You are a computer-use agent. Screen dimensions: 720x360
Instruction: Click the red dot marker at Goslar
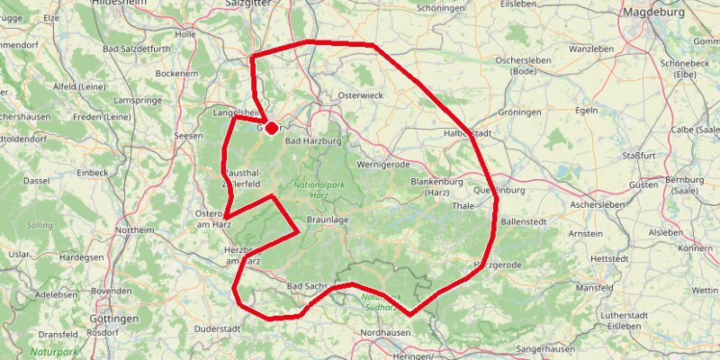(271, 129)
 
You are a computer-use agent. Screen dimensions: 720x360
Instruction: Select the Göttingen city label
(114, 319)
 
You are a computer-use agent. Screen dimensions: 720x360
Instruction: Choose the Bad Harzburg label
(314, 141)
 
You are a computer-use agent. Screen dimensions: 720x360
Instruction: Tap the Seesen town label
(189, 136)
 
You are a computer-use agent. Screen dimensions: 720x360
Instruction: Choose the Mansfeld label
(595, 287)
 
